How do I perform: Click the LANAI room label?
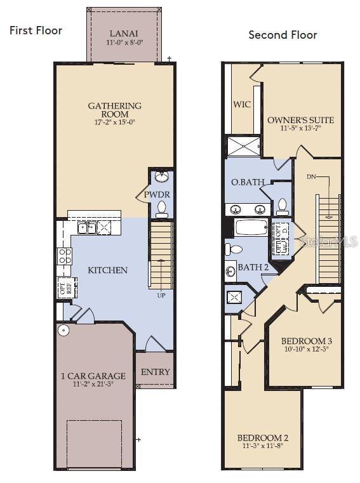tap(123, 34)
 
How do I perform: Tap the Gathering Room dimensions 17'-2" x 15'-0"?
tap(115, 122)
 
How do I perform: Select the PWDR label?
tap(156, 195)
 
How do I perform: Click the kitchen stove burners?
tap(65, 255)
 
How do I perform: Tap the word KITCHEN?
tap(107, 270)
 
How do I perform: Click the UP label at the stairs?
tap(161, 294)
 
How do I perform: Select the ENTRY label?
tap(155, 371)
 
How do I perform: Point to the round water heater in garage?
tap(64, 330)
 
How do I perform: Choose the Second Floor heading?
tap(283, 35)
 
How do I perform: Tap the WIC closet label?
tap(242, 104)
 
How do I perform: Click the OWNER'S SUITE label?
tap(300, 120)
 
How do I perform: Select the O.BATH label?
tap(247, 182)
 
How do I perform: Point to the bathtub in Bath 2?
tap(251, 228)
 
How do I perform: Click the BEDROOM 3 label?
tap(306, 341)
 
